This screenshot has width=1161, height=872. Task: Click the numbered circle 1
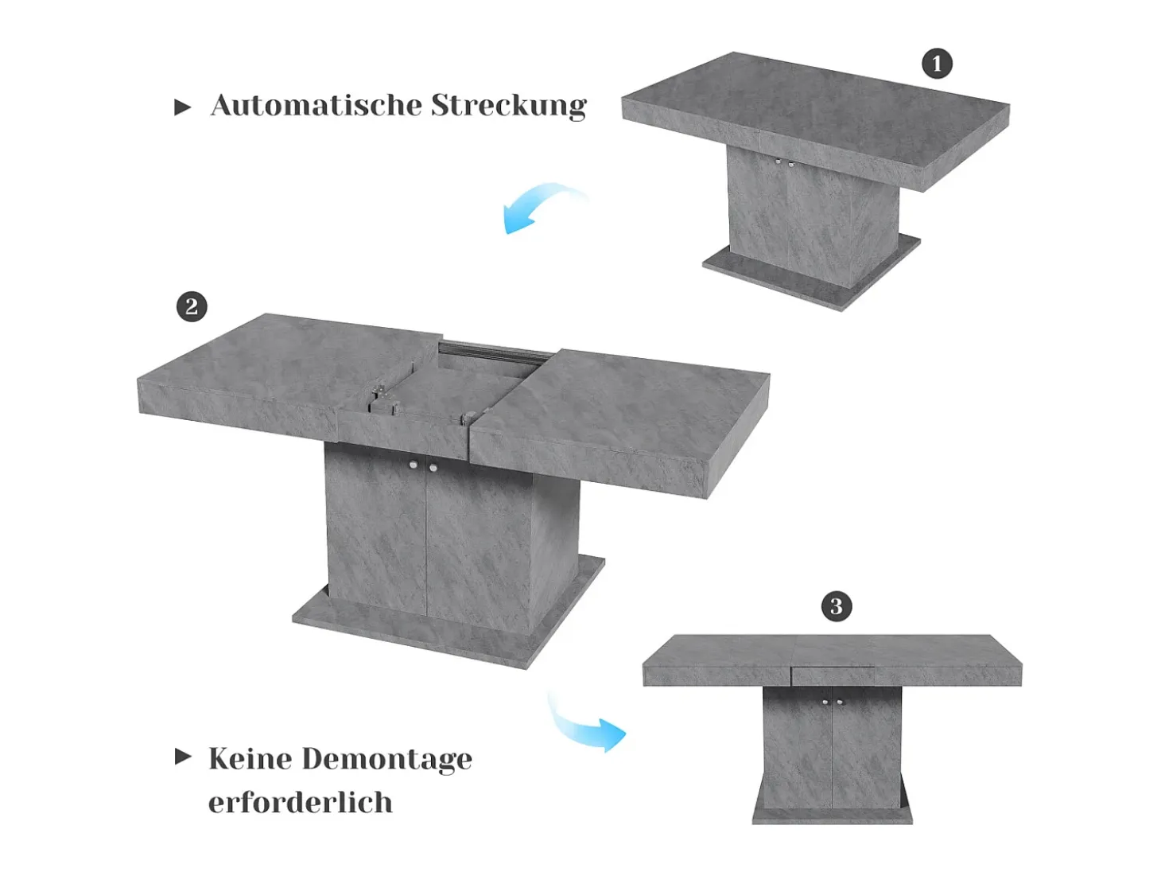[x=937, y=64]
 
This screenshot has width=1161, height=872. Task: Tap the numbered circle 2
[x=192, y=306]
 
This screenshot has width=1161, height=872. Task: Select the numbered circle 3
[x=837, y=605]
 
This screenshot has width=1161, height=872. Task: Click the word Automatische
[x=316, y=105]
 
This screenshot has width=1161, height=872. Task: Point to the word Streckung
[x=509, y=106]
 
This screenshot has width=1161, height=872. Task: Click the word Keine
[x=250, y=758]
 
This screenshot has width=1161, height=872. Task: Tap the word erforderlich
[x=300, y=802]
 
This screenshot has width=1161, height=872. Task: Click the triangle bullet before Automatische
[x=182, y=107]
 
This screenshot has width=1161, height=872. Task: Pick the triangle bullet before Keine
[x=182, y=757]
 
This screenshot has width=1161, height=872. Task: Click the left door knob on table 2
[x=414, y=465]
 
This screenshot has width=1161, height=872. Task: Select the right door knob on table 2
[x=433, y=468]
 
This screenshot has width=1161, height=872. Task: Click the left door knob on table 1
[x=779, y=162]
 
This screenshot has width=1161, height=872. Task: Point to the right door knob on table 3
[x=840, y=703]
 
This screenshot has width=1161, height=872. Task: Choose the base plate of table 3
[x=832, y=813]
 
